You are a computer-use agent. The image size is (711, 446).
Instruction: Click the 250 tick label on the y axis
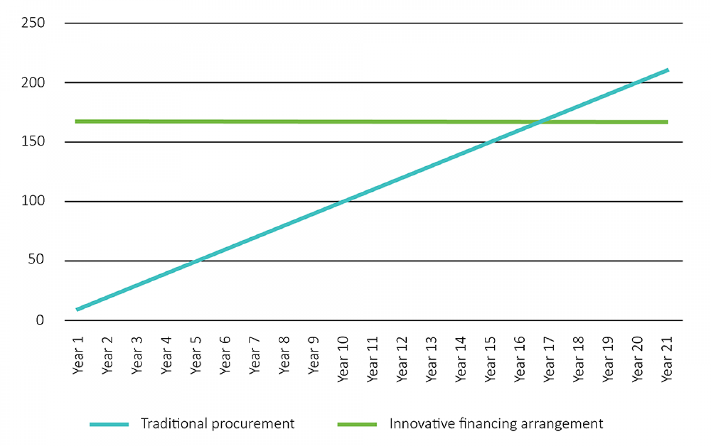33,23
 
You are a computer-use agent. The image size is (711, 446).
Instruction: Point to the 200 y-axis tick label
33,82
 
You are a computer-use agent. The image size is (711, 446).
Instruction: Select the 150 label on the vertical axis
33,141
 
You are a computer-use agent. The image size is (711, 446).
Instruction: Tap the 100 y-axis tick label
33,201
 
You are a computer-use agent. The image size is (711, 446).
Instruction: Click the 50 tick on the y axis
36,259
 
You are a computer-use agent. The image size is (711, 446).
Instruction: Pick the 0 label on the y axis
40,320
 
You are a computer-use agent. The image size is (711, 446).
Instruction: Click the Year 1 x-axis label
78,355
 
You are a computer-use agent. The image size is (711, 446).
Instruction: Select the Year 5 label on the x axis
196,355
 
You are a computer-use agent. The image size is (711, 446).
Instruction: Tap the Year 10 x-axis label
343,359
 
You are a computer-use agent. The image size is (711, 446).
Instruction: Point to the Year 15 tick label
490,359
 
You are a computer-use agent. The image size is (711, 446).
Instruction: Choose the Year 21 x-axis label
667,359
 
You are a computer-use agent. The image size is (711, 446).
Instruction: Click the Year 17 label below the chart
549,359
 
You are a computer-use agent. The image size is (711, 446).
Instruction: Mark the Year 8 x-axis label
284,355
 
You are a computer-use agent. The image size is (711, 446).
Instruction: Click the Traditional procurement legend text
218,423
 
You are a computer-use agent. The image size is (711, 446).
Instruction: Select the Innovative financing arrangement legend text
496,423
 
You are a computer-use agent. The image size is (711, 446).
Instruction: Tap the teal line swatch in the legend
109,424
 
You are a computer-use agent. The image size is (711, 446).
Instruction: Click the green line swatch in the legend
357,424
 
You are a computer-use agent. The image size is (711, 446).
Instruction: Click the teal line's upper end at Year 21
667,71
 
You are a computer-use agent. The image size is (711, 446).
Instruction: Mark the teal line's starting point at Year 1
77,309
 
